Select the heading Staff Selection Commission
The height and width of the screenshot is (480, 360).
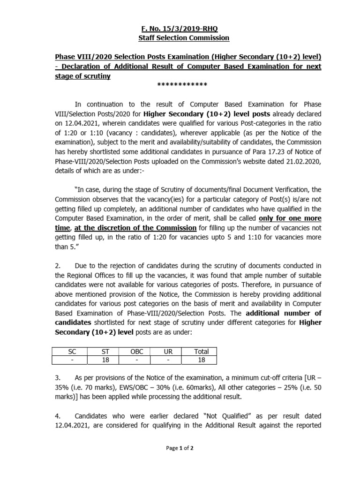click(x=180, y=37)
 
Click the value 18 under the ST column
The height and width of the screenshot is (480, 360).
click(x=106, y=360)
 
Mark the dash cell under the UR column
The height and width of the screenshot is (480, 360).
click(x=170, y=360)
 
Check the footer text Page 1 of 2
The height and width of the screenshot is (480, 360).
click(x=180, y=448)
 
